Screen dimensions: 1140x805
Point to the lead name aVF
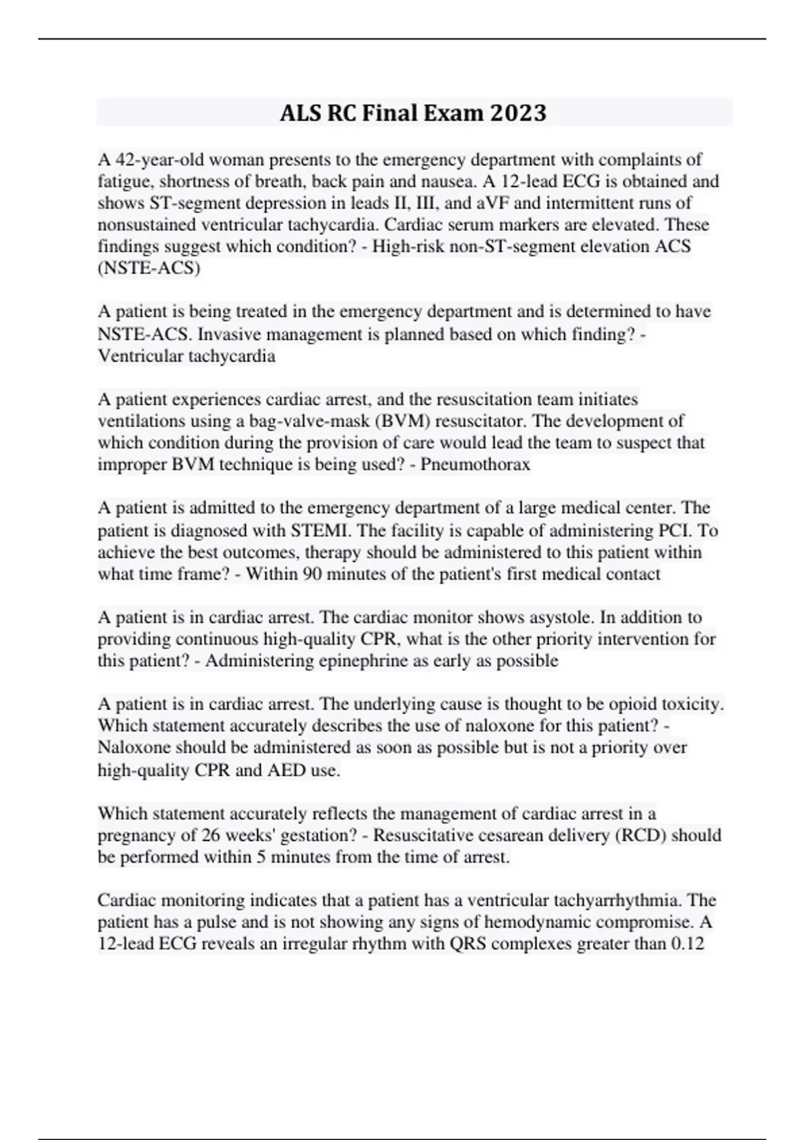coord(494,203)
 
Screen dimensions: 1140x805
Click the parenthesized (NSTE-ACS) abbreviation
coord(149,268)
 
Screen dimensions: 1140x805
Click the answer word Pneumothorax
coord(475,464)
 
